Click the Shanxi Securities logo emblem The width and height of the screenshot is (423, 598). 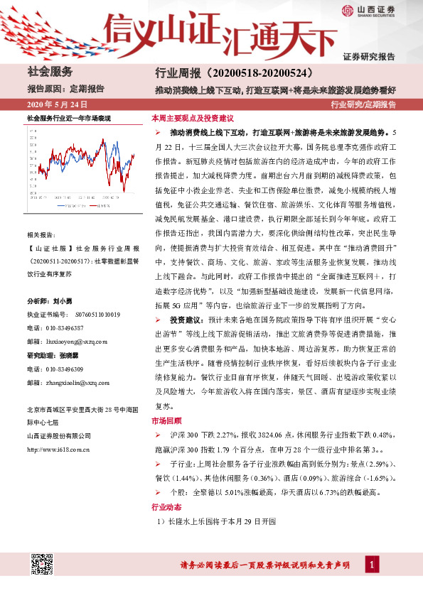coord(348,10)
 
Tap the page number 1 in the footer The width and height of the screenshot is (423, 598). coord(370,565)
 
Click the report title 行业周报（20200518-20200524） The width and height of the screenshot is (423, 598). coord(234,73)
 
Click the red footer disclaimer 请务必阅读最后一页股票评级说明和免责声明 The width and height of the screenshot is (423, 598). coord(264,565)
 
